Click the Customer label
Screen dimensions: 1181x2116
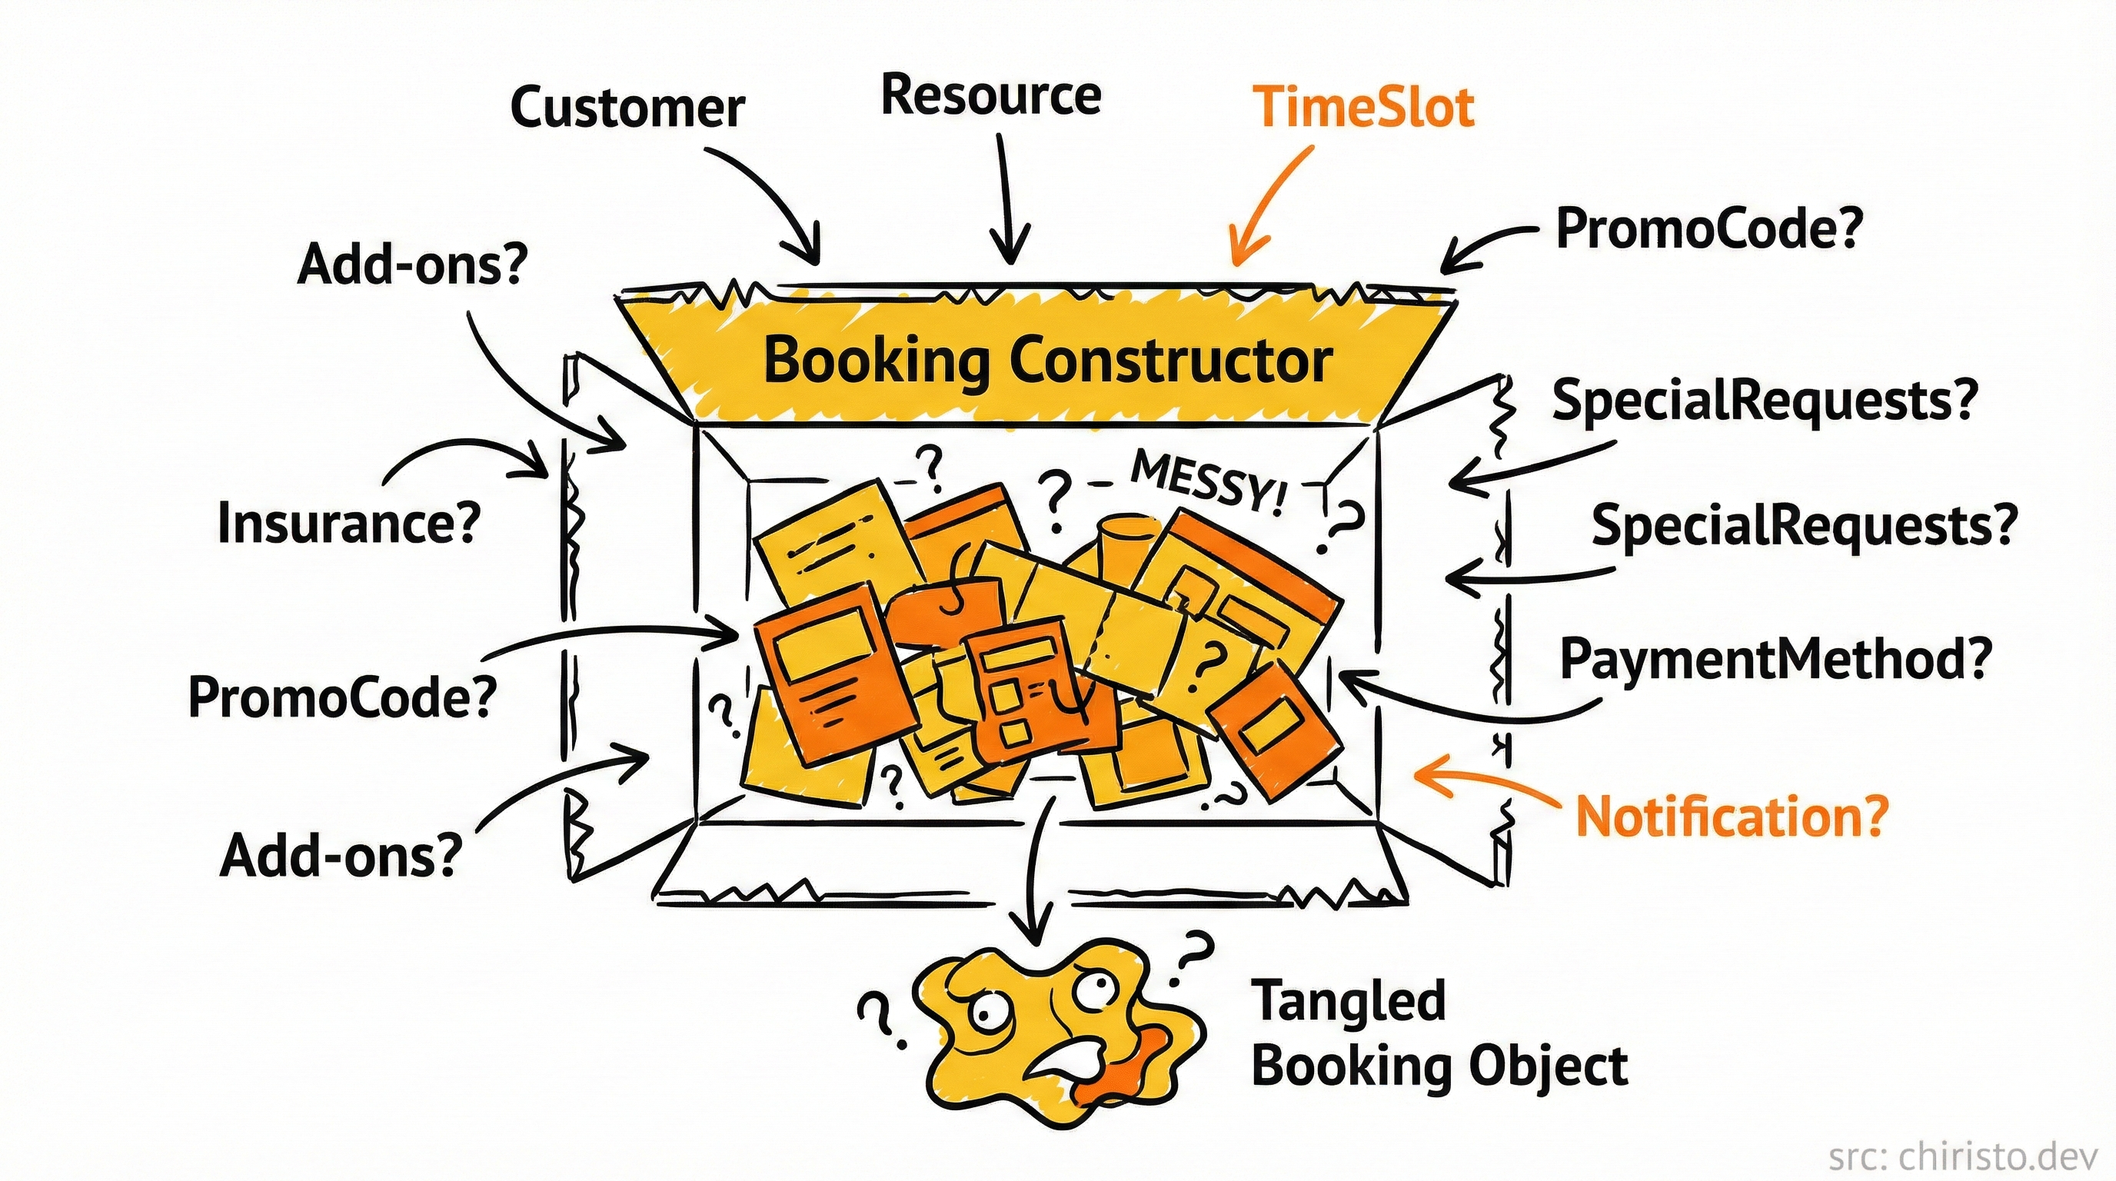pyautogui.click(x=627, y=108)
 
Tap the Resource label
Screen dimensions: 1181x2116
pyautogui.click(x=990, y=97)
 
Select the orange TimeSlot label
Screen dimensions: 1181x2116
pyautogui.click(x=1363, y=108)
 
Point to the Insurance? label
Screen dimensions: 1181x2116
pyautogui.click(x=348, y=523)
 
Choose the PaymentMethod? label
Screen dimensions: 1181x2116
pyautogui.click(x=1775, y=660)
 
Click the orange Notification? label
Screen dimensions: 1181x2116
pyautogui.click(x=1732, y=817)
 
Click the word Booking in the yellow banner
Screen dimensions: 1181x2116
pyautogui.click(x=877, y=361)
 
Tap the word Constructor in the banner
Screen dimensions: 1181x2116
pyautogui.click(x=1169, y=361)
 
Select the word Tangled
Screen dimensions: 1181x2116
pyautogui.click(x=1347, y=1001)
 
